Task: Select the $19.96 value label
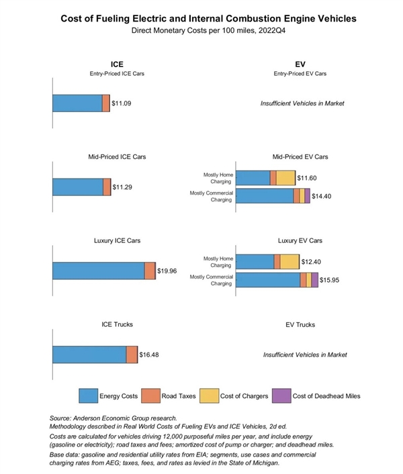(167, 271)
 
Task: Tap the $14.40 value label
(323, 195)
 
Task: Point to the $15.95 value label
(331, 279)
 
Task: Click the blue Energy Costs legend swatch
(87, 395)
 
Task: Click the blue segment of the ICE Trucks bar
(89, 354)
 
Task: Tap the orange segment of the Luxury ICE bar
(150, 271)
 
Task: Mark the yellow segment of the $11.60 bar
(285, 178)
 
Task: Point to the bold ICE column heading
(116, 64)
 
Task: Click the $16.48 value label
(150, 354)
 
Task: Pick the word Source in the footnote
(64, 418)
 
